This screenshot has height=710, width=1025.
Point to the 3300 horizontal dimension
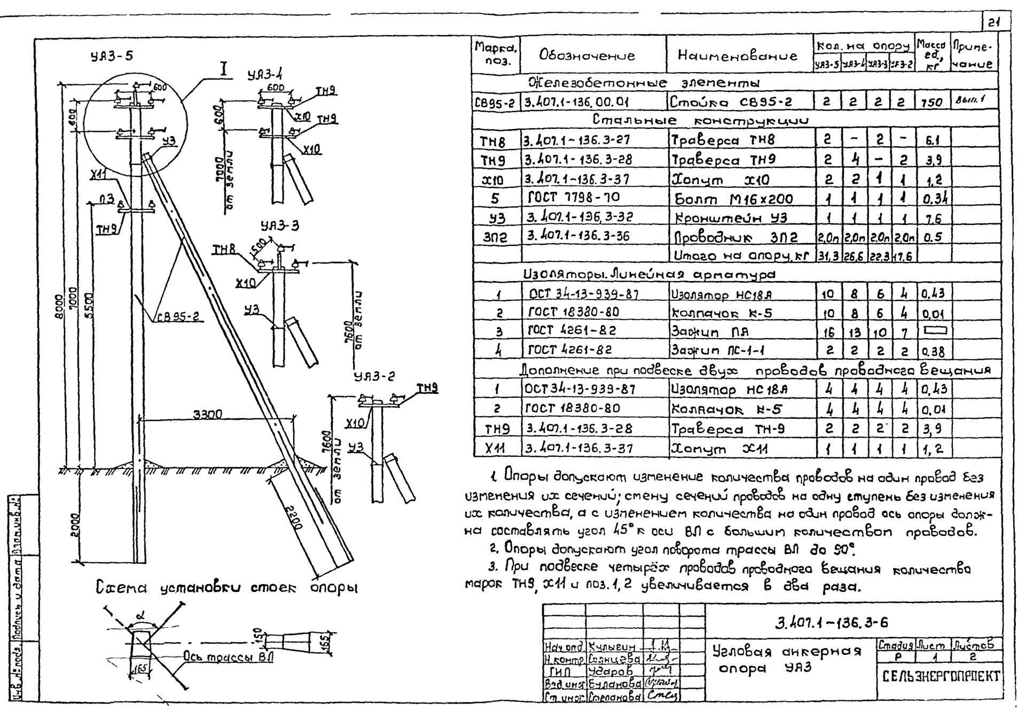(208, 415)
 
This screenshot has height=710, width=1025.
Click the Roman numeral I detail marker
(224, 69)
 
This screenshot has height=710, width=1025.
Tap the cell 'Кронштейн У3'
(732, 217)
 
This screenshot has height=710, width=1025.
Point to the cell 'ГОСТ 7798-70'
(573, 198)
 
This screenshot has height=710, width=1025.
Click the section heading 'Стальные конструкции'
(700, 120)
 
